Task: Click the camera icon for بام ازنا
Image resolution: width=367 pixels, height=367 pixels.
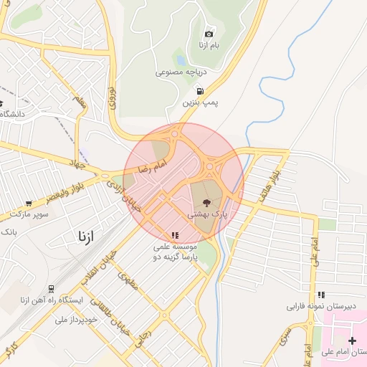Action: tap(209, 34)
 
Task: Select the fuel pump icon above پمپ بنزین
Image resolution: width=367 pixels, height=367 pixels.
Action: tap(199, 91)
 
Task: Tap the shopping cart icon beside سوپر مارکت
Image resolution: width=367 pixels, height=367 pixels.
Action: tap(28, 204)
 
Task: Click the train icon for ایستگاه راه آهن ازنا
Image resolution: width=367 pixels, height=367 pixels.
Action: tap(52, 288)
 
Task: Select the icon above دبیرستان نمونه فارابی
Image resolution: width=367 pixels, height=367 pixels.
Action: tap(322, 294)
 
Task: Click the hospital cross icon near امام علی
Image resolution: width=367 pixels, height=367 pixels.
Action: tap(351, 340)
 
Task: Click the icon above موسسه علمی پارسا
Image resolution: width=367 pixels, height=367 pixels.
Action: tap(174, 235)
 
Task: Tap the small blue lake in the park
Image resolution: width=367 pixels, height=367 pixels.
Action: tap(181, 61)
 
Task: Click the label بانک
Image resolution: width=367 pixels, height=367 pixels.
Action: tap(8, 233)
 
